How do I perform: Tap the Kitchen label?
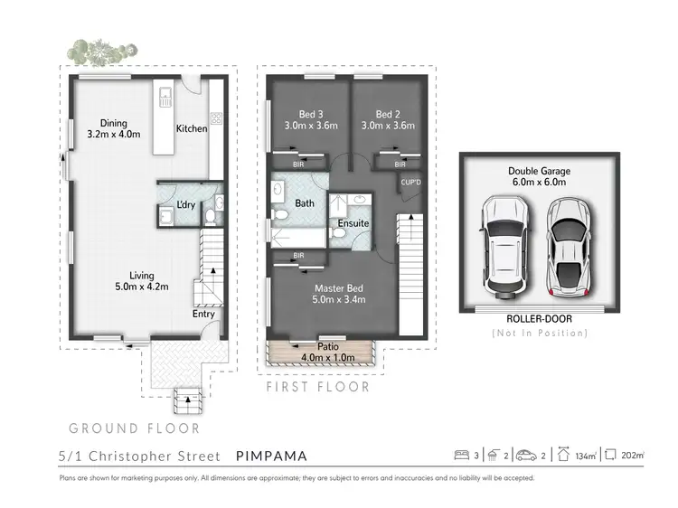pyautogui.click(x=192, y=128)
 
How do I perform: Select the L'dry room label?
pyautogui.click(x=186, y=205)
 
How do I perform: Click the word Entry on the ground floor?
pyautogui.click(x=203, y=315)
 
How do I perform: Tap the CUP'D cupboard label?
pyautogui.click(x=410, y=183)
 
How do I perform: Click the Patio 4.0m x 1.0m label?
pyautogui.click(x=322, y=352)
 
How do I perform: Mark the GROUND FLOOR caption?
pyautogui.click(x=134, y=428)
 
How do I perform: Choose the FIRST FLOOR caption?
pyautogui.click(x=318, y=387)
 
